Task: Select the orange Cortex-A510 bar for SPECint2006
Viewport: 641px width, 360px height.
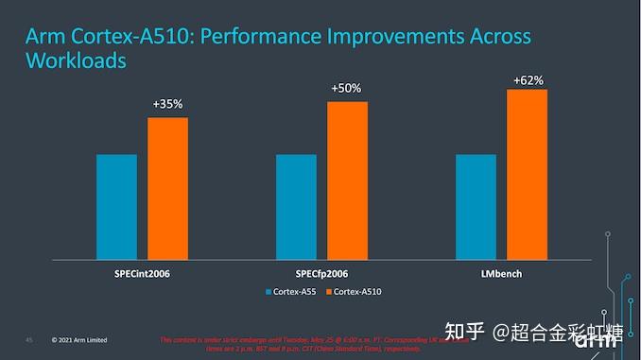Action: [167, 188]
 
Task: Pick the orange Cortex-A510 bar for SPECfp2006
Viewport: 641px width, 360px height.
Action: [347, 180]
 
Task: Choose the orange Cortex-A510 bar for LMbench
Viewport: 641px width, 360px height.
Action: [527, 174]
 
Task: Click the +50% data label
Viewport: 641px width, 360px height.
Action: [346, 88]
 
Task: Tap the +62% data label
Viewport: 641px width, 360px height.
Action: [528, 80]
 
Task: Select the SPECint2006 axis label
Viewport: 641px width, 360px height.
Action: [142, 273]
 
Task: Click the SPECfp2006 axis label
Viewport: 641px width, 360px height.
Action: [321, 273]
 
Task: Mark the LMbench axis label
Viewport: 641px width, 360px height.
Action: [501, 273]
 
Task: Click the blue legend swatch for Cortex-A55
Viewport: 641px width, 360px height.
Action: [269, 291]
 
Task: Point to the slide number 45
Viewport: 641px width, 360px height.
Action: [29, 339]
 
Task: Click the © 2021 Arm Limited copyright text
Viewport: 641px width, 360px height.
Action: [79, 339]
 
